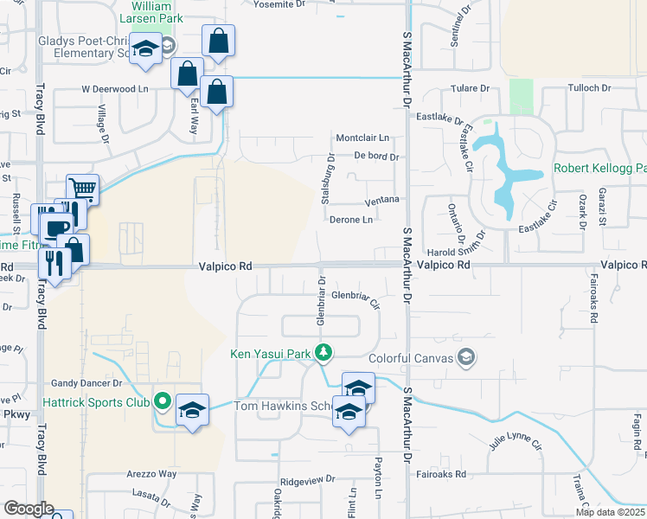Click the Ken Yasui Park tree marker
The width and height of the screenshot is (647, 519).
point(323,352)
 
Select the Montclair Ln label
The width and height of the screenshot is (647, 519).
point(363,138)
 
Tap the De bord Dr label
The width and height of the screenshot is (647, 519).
point(376,157)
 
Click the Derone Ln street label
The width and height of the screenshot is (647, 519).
point(351,220)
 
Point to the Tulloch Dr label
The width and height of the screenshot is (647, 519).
point(589,88)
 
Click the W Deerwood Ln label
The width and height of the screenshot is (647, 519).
point(115,88)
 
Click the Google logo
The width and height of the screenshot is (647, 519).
point(29,509)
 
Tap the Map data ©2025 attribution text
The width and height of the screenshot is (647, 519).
point(609,512)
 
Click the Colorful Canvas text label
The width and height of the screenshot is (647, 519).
point(411,357)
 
